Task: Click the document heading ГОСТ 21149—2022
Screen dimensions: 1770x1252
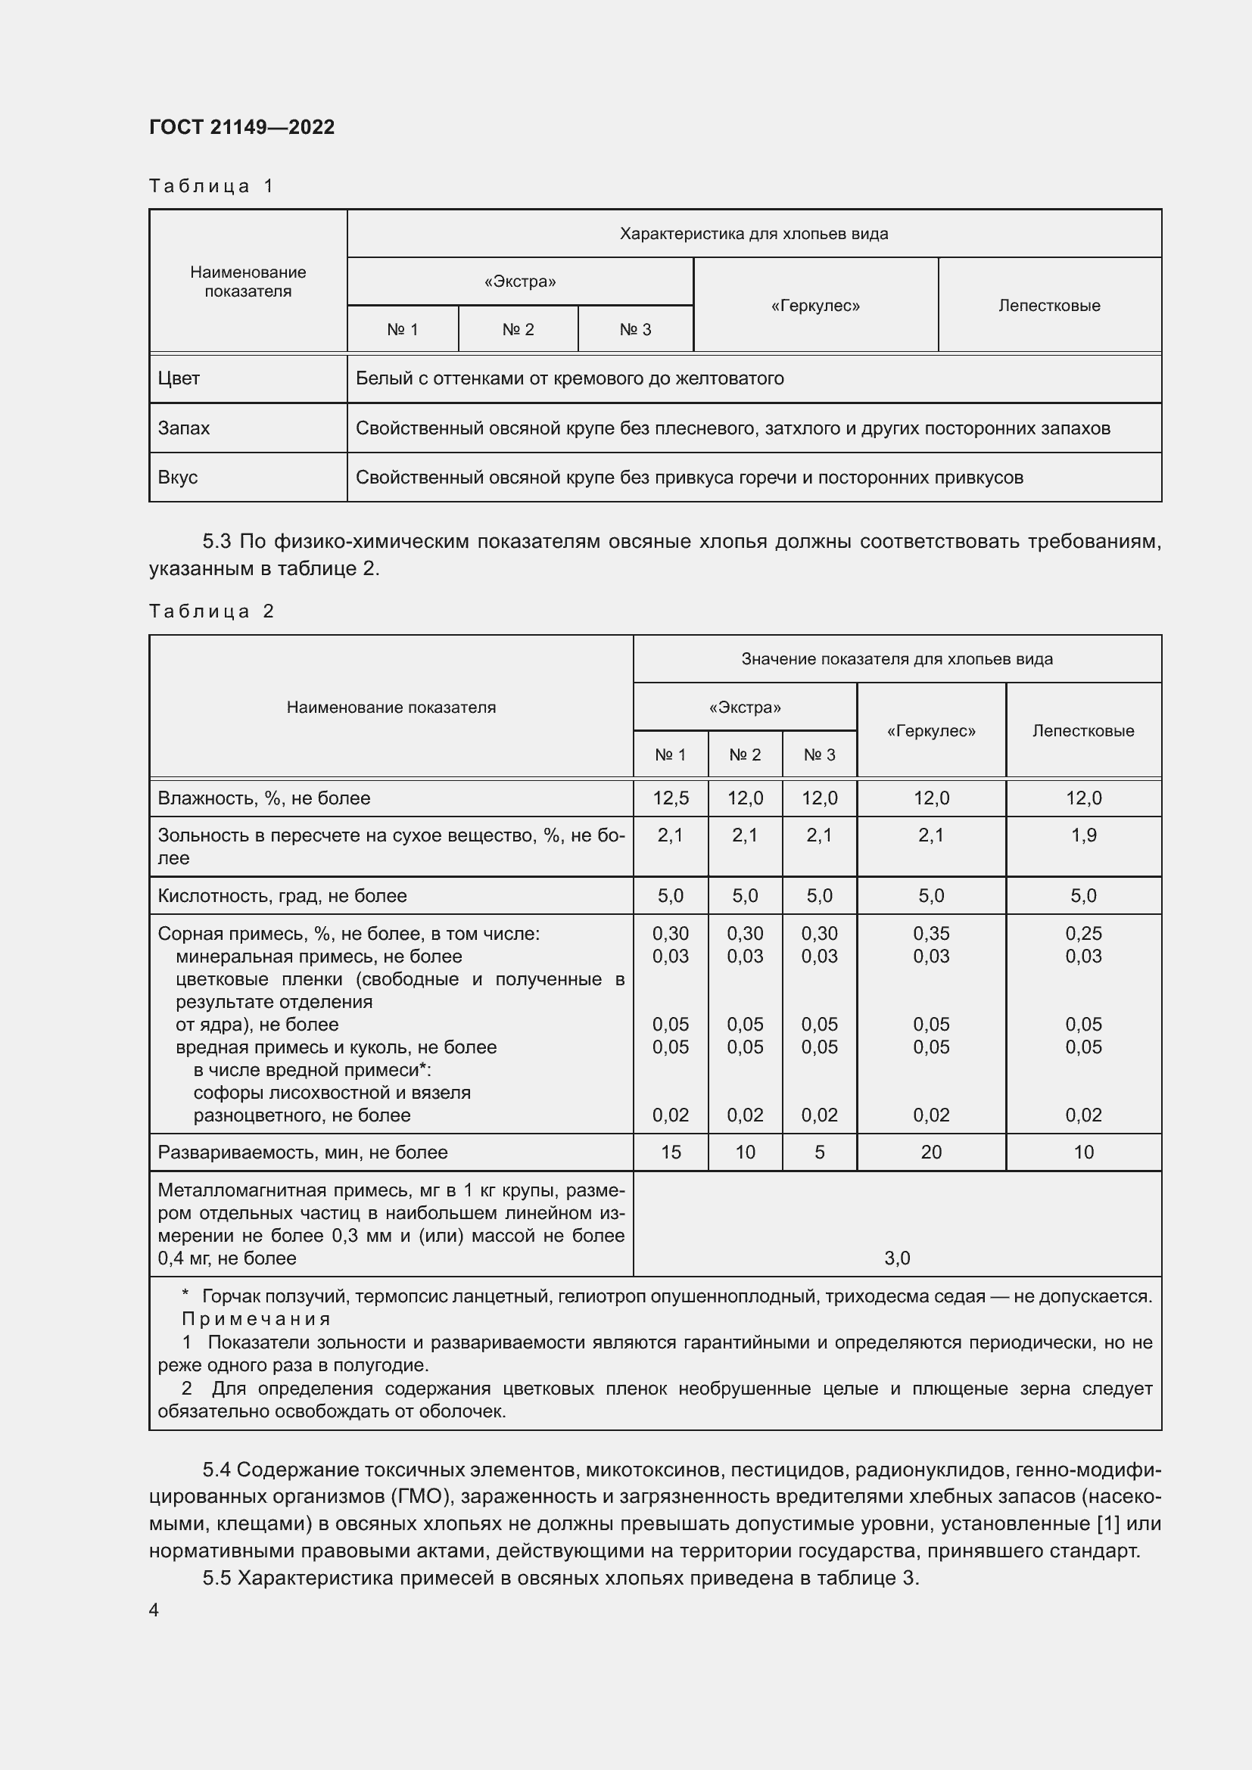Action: (x=241, y=127)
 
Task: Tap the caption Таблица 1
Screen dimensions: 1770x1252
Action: (x=211, y=186)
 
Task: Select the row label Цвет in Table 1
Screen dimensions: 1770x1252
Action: (x=179, y=378)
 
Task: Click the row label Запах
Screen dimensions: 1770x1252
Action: (x=183, y=428)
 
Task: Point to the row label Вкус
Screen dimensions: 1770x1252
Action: (x=178, y=477)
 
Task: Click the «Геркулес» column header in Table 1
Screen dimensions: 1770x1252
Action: (x=815, y=305)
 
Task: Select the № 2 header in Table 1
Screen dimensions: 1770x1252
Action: (x=518, y=329)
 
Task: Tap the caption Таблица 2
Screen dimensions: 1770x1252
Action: (x=211, y=611)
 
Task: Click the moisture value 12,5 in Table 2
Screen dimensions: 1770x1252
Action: (x=670, y=798)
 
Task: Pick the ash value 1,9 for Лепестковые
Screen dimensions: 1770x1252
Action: (x=1083, y=835)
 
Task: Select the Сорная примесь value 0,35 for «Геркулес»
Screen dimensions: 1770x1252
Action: (x=930, y=934)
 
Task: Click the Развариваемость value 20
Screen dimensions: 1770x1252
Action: (x=930, y=1152)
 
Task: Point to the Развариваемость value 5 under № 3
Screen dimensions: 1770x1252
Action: (x=819, y=1152)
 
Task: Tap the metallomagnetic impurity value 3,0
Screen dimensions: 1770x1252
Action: (x=896, y=1258)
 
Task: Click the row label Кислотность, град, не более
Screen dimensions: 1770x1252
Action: (x=282, y=896)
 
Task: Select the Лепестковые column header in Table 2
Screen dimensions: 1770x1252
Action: (x=1083, y=730)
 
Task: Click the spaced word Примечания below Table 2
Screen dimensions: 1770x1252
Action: (x=256, y=1319)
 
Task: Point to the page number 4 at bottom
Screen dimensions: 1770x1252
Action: (x=154, y=1610)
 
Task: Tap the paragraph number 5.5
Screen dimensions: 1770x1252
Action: (x=216, y=1578)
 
